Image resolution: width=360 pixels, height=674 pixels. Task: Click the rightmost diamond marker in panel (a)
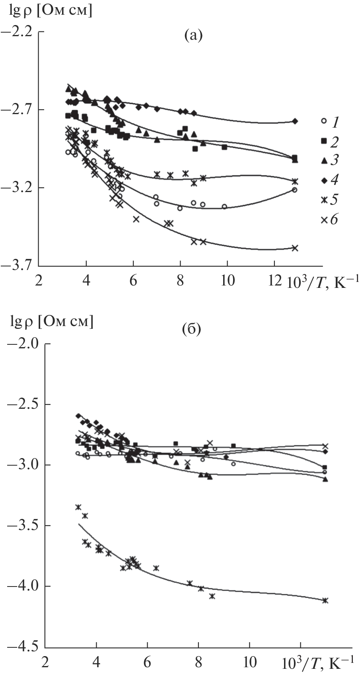[295, 121]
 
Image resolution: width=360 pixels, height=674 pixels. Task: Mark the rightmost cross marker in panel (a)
[295, 248]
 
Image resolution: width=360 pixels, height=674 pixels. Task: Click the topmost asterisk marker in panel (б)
[78, 507]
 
